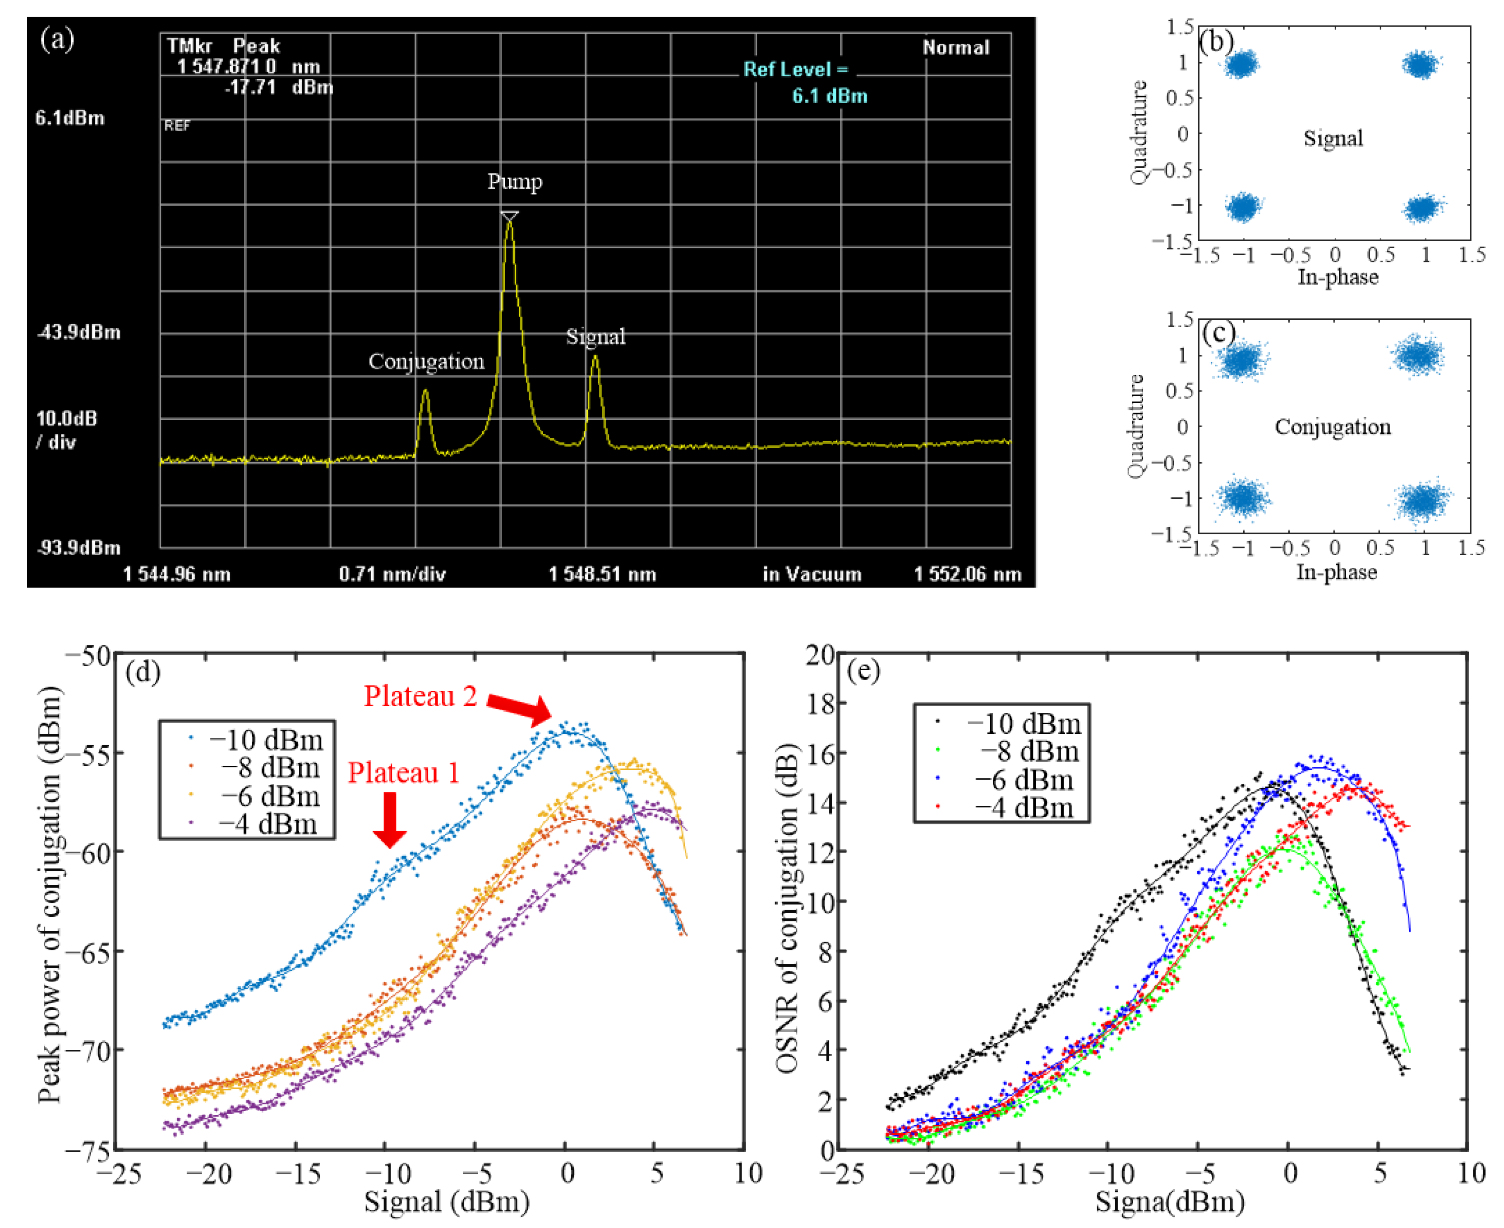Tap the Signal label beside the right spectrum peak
click(595, 337)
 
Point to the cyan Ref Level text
click(796, 70)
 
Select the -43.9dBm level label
click(78, 332)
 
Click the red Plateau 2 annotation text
click(420, 697)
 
